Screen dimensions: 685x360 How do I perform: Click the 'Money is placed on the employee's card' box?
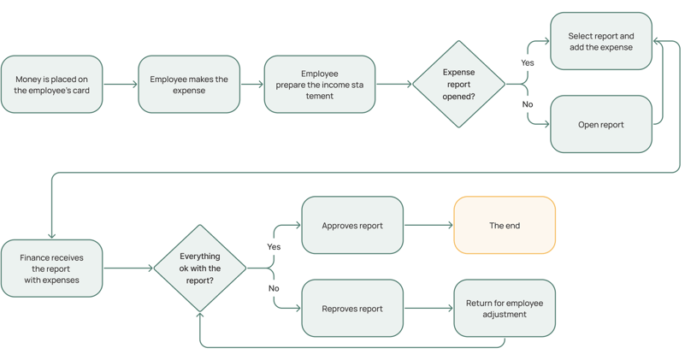coord(51,85)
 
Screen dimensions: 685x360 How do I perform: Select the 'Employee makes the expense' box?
coord(189,85)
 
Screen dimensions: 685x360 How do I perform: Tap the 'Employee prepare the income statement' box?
coord(319,85)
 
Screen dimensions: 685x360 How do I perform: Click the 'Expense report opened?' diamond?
coord(458,85)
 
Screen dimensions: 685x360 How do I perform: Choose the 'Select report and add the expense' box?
coord(601,41)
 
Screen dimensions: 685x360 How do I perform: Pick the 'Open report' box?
coord(601,125)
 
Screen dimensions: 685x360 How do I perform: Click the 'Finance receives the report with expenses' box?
coord(51,269)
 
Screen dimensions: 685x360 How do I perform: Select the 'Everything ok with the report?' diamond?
coord(200,269)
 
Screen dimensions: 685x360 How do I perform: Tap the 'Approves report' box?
coord(352,225)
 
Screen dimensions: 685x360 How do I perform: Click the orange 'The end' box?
coord(505,225)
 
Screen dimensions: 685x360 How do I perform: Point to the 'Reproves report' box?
coord(352,309)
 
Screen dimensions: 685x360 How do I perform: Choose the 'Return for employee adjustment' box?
coord(505,309)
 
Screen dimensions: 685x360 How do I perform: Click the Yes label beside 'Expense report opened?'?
coord(528,63)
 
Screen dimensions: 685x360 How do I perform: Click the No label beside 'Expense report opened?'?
coord(528,104)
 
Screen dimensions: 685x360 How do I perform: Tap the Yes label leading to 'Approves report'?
coord(274,247)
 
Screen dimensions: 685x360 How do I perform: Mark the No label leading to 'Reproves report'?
coord(274,288)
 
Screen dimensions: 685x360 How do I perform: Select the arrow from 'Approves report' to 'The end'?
coord(428,225)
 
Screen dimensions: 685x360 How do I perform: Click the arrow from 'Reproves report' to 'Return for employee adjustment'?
coord(428,309)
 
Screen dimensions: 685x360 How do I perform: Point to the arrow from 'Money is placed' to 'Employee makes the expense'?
coord(121,85)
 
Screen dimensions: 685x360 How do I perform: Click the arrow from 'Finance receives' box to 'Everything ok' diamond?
coord(128,269)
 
